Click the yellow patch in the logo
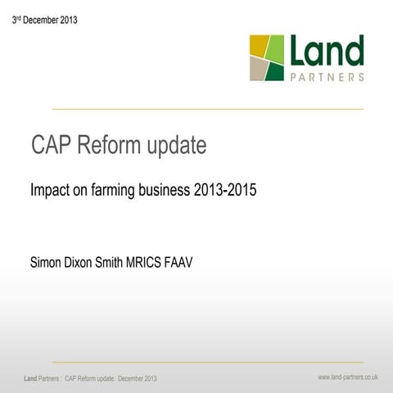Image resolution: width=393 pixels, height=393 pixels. click(x=258, y=46)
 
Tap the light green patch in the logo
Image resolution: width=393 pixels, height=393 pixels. click(x=275, y=48)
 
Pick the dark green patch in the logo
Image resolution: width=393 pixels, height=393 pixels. click(x=275, y=71)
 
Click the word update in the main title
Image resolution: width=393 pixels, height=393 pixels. click(x=178, y=147)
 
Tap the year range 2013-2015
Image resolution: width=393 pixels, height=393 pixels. click(x=226, y=190)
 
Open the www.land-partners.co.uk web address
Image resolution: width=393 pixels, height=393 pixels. click(x=348, y=377)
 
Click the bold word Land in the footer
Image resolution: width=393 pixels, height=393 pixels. click(x=30, y=378)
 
